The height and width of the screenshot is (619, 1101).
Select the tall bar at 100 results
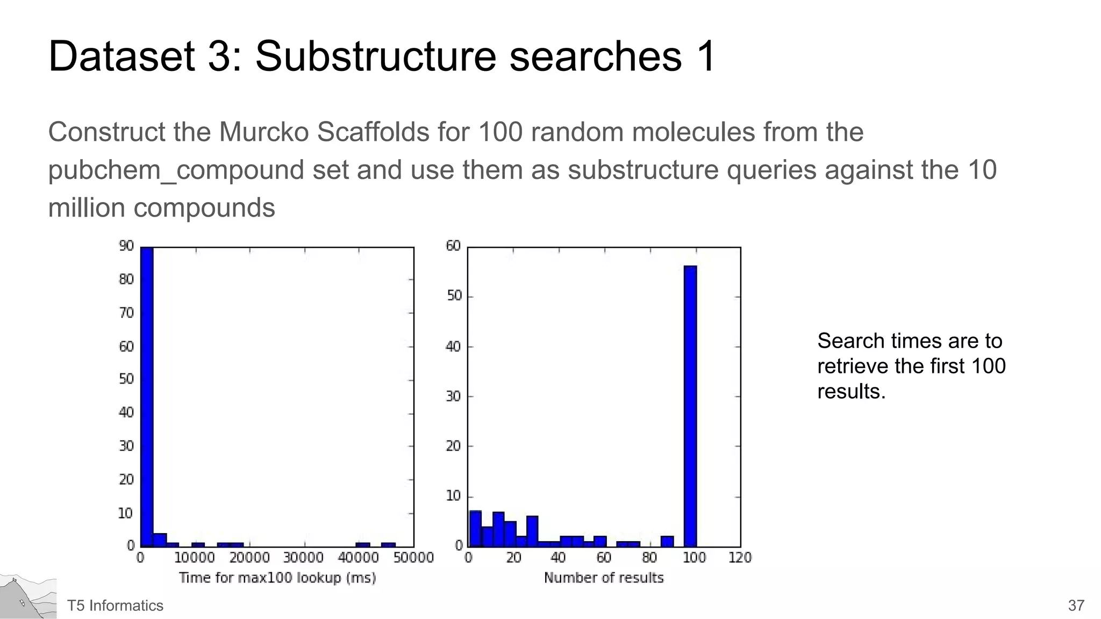[690, 406]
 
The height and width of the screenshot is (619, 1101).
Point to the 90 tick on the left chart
[126, 246]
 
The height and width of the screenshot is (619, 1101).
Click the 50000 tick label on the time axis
[413, 558]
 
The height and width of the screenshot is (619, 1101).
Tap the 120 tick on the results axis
[740, 558]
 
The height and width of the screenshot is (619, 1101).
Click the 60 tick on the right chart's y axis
[453, 246]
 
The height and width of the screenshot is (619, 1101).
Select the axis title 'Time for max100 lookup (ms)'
[277, 578]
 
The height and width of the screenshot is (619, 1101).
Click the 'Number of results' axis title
[604, 578]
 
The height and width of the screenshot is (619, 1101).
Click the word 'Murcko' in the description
[264, 132]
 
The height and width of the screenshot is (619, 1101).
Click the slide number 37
[1076, 606]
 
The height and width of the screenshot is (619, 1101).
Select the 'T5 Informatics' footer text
[115, 606]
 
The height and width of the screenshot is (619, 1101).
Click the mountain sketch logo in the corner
[28, 598]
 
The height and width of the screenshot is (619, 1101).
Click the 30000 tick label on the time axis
[304, 558]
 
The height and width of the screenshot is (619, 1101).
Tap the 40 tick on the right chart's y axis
[453, 347]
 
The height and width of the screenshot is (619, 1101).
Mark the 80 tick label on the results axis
[649, 558]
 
